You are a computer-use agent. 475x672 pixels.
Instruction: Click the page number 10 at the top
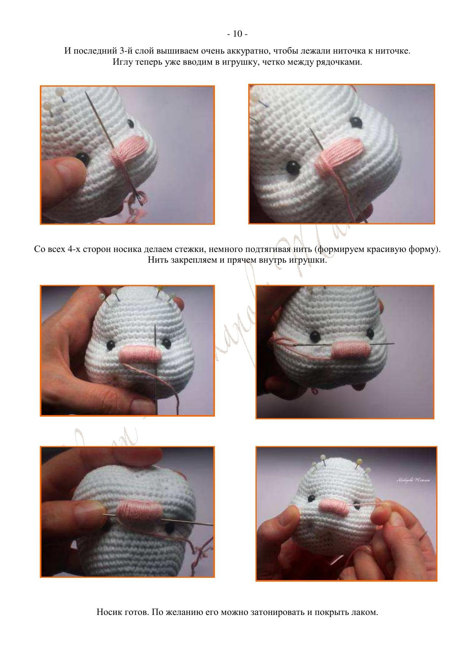(237, 34)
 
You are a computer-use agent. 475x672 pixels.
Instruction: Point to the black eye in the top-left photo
(82, 156)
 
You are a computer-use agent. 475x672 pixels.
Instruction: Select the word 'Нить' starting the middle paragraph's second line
(156, 260)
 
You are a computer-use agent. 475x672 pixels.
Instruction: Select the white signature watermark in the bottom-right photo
(413, 480)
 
